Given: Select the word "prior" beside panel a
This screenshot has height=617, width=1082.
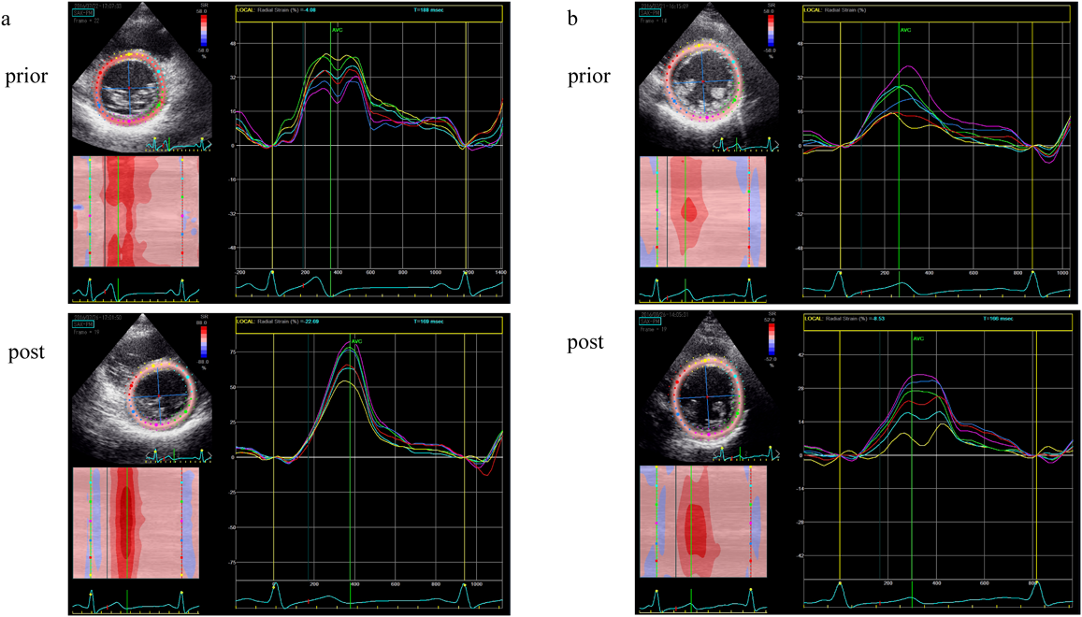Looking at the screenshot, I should click(27, 76).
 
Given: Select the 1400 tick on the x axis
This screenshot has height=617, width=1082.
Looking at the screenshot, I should click(500, 270).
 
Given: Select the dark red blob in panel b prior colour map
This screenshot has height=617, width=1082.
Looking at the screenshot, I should click(690, 211).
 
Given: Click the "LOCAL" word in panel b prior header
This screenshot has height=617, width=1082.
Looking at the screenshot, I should click(815, 8).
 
